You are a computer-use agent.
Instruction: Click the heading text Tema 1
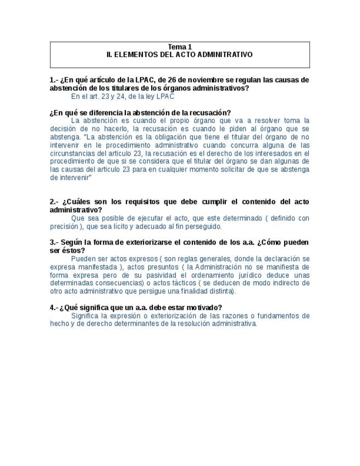180,47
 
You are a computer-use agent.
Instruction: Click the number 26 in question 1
164,80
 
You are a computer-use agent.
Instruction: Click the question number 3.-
54,242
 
